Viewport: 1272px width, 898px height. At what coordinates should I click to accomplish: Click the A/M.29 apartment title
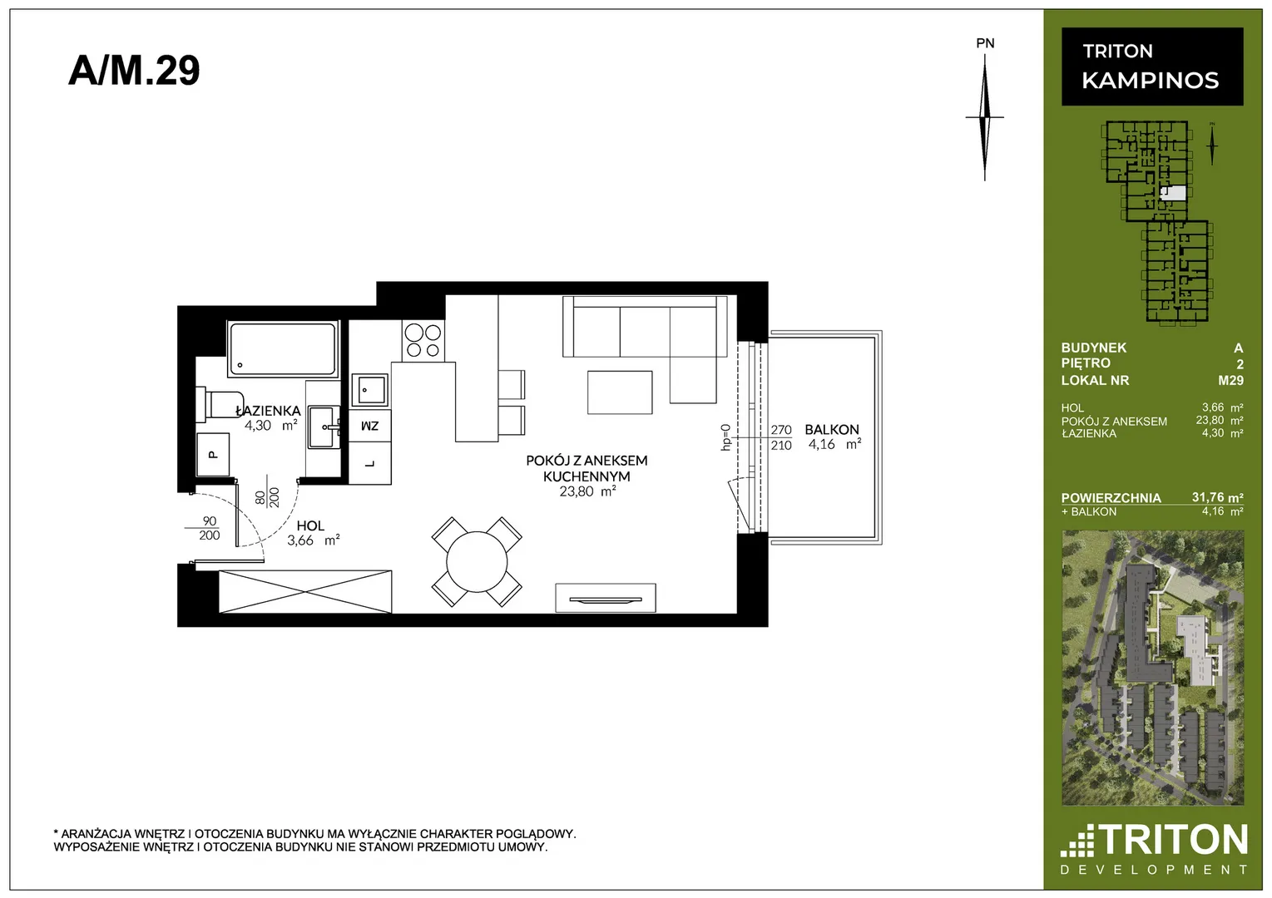click(x=134, y=71)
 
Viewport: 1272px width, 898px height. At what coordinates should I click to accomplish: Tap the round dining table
click(x=477, y=561)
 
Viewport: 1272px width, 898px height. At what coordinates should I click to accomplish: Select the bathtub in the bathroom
click(x=283, y=349)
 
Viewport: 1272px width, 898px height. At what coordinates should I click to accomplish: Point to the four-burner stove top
click(x=423, y=341)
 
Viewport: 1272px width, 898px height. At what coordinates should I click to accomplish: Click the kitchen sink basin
click(x=369, y=390)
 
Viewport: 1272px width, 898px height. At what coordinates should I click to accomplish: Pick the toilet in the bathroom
click(x=220, y=404)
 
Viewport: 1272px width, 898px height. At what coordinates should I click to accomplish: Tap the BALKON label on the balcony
click(x=832, y=430)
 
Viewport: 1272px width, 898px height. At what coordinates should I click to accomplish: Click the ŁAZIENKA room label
click(x=268, y=411)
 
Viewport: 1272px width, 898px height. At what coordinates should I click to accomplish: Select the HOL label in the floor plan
click(x=310, y=525)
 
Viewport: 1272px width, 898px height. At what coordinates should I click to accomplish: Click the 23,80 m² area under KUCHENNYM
click(x=587, y=491)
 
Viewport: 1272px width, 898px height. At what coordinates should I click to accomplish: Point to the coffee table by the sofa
click(x=620, y=392)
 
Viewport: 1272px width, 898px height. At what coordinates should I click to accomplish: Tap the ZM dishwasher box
click(x=369, y=426)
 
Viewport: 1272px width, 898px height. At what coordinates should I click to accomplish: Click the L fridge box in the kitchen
click(x=369, y=463)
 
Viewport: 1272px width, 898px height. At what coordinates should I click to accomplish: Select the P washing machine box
click(x=213, y=454)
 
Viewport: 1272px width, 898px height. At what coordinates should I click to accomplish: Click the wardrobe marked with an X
click(x=305, y=592)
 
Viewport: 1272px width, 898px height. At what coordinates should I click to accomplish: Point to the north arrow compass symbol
click(x=985, y=117)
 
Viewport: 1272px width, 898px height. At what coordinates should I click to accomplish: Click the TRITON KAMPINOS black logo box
click(x=1152, y=67)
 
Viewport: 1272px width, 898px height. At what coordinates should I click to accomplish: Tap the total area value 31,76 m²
click(x=1217, y=497)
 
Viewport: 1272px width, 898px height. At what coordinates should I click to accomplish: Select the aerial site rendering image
click(x=1153, y=668)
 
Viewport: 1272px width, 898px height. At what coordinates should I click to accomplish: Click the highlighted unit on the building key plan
click(x=1173, y=194)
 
